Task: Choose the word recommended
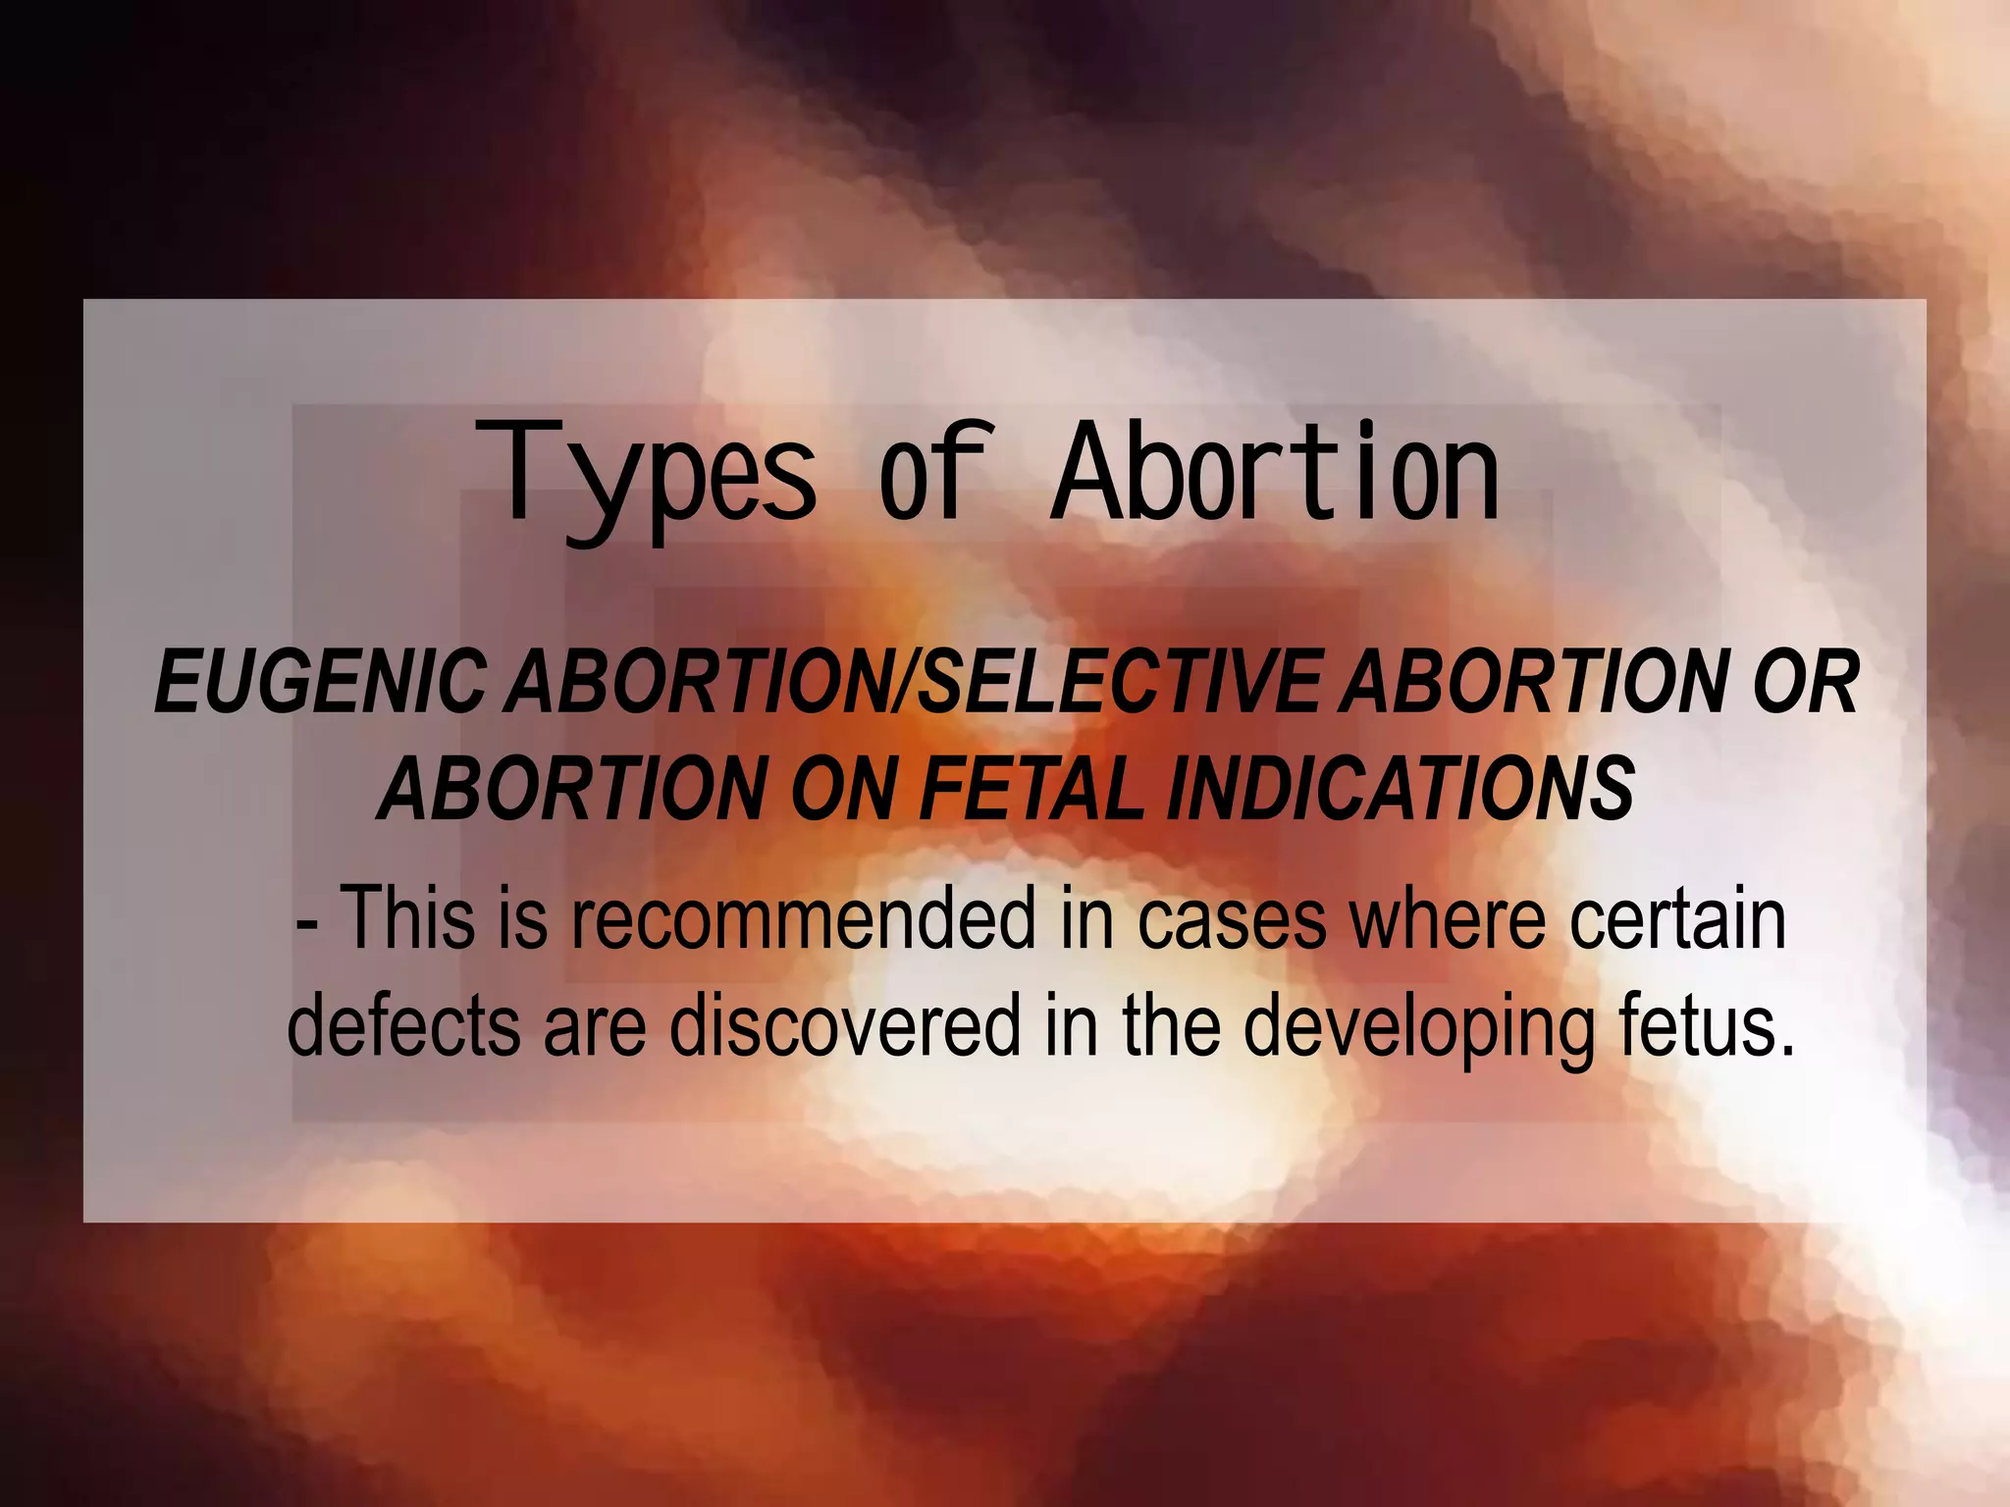coord(803,918)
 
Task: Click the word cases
coord(1232,920)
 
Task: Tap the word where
coord(1449,918)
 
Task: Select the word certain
coord(1678,918)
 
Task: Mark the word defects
coord(403,1024)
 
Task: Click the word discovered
coord(845,1024)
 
